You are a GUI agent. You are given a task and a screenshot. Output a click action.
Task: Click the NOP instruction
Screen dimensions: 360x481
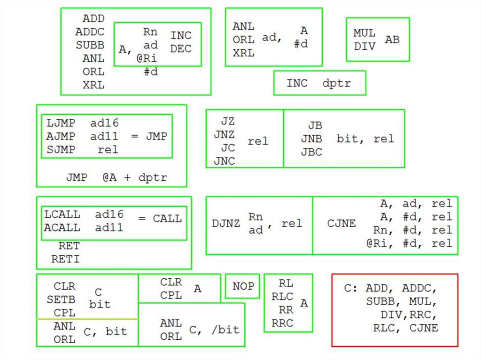click(243, 286)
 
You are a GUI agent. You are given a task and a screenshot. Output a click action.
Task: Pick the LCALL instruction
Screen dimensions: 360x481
click(62, 214)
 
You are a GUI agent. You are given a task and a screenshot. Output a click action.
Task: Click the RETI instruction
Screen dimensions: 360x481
click(65, 259)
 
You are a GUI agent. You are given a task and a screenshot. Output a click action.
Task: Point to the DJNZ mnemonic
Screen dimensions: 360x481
click(226, 223)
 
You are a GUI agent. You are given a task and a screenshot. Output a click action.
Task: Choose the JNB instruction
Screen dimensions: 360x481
click(311, 139)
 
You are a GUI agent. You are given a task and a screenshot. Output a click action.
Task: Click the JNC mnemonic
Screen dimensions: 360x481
click(225, 161)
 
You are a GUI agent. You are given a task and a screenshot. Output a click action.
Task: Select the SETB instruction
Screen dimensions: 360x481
click(61, 299)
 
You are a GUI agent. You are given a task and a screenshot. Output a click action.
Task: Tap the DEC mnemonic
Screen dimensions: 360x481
click(181, 49)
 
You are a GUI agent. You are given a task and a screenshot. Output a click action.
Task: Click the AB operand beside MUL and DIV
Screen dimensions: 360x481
click(392, 40)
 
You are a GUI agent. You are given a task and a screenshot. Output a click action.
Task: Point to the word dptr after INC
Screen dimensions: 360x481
click(336, 84)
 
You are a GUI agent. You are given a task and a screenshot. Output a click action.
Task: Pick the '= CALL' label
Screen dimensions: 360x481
click(160, 219)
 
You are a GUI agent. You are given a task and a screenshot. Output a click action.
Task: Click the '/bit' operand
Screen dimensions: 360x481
click(225, 329)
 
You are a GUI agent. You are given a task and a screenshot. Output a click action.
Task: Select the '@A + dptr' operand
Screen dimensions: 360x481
click(134, 178)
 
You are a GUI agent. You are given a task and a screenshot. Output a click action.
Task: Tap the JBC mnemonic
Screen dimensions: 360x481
click(311, 153)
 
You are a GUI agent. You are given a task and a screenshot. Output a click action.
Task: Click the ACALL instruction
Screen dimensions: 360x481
click(62, 228)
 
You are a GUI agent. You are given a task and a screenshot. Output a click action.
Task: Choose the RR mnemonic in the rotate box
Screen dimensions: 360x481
click(286, 310)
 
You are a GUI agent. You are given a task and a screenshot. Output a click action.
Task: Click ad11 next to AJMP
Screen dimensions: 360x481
click(104, 137)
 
